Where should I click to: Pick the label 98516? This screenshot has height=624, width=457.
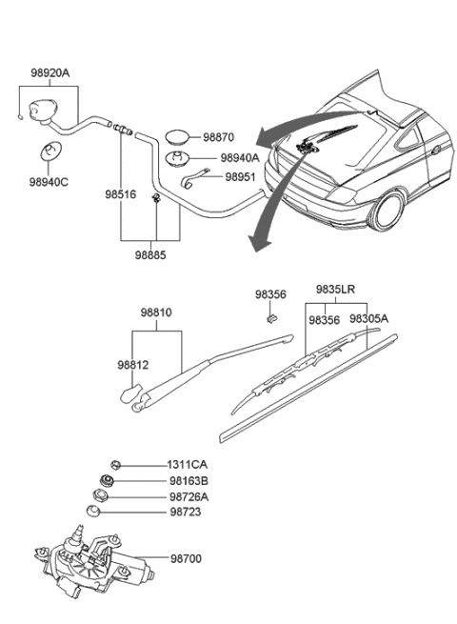[121, 194]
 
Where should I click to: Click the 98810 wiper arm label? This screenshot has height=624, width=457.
[158, 312]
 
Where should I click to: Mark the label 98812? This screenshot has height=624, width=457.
[133, 364]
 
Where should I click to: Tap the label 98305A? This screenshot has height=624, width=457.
[368, 319]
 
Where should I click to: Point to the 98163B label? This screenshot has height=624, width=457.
[189, 481]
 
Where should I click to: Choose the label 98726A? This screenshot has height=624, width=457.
[189, 496]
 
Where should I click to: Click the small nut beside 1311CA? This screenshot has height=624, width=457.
[115, 464]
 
